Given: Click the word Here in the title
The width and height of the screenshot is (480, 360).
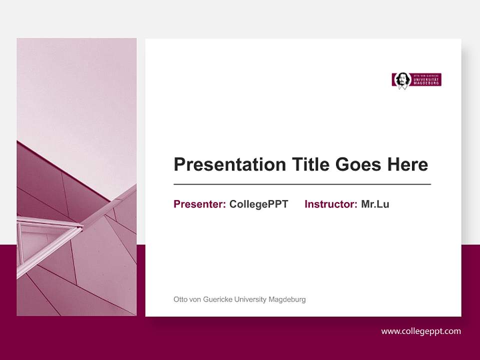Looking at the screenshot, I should click(x=407, y=164).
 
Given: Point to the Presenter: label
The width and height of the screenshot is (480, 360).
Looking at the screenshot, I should click(x=199, y=204).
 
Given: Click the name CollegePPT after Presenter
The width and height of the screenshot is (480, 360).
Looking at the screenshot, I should click(x=258, y=204).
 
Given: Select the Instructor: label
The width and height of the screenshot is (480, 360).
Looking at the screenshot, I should click(x=330, y=204).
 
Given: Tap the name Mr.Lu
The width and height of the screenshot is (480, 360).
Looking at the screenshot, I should click(x=375, y=204).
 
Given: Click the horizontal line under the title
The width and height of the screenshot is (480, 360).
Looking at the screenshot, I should click(x=302, y=184).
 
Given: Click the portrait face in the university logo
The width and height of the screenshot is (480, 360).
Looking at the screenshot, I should click(x=401, y=79).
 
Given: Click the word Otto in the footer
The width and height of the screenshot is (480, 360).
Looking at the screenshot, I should click(x=179, y=299).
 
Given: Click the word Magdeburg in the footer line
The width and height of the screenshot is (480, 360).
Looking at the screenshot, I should click(x=287, y=299).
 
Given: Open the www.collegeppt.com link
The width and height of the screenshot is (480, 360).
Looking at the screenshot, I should click(x=421, y=331).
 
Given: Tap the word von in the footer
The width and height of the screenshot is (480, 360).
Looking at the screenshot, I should click(x=194, y=299).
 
